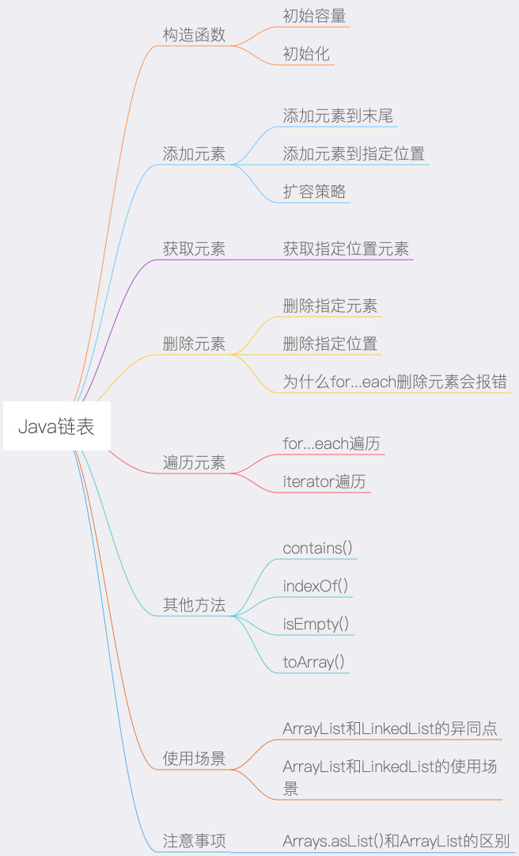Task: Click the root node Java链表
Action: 56,427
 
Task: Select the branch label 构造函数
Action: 194,35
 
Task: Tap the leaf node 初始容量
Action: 314,16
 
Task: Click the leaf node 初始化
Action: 306,54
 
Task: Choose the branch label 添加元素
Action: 194,154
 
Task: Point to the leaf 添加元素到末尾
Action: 338,116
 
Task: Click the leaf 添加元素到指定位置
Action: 354,154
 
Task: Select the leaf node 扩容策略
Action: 314,192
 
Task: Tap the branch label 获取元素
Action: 194,249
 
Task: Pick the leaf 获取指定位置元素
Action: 346,249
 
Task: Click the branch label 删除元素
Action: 194,344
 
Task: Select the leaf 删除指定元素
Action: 330,306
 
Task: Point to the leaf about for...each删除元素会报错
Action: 395,382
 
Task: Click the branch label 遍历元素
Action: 194,462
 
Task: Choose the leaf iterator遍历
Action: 324,481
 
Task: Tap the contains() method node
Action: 317,548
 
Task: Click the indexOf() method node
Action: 316,586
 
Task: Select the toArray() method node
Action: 314,662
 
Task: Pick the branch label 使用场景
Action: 194,759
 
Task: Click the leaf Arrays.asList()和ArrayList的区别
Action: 396,841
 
